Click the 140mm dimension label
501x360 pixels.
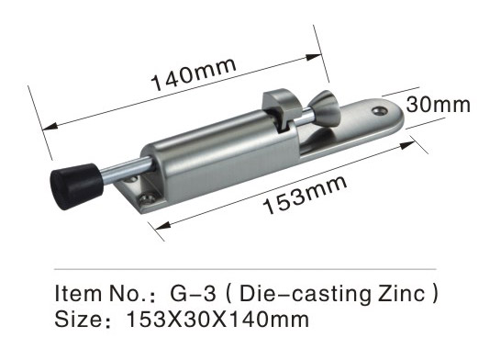click(194, 74)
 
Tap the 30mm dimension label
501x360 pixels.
click(439, 105)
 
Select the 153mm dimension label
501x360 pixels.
click(306, 195)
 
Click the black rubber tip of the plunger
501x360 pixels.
click(77, 186)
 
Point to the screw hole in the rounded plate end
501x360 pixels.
click(380, 111)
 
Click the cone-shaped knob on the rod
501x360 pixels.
click(325, 108)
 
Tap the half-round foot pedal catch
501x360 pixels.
click(282, 108)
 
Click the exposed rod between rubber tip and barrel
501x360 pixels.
click(128, 170)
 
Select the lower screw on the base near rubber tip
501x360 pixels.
click(147, 199)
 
